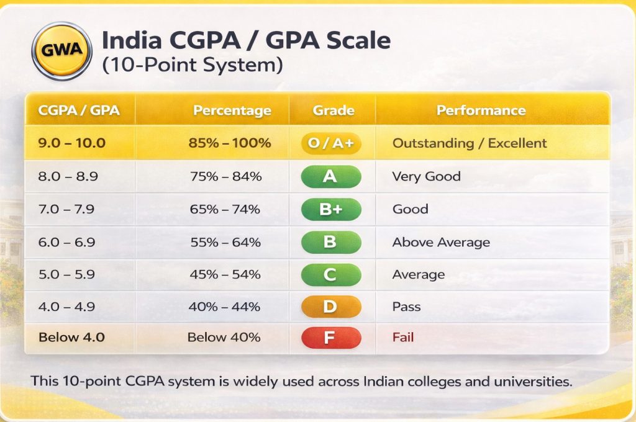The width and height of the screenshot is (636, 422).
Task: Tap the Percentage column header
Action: point(232,110)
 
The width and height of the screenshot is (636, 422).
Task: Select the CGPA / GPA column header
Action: point(79,110)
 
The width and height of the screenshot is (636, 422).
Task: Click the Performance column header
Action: point(481,110)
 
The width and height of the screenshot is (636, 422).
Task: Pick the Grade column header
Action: point(334,110)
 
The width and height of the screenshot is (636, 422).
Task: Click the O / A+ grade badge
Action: point(331,143)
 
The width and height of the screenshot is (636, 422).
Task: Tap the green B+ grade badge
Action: point(330,209)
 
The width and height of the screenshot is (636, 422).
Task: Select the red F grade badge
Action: point(330,338)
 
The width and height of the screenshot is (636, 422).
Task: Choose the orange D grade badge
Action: point(330,306)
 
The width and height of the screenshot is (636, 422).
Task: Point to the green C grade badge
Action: point(330,274)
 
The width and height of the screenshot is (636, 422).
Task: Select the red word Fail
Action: point(403,338)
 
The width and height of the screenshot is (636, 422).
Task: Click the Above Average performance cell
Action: point(441,242)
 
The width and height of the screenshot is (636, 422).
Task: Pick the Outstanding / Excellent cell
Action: point(470,143)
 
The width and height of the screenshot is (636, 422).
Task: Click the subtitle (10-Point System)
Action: point(192,65)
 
